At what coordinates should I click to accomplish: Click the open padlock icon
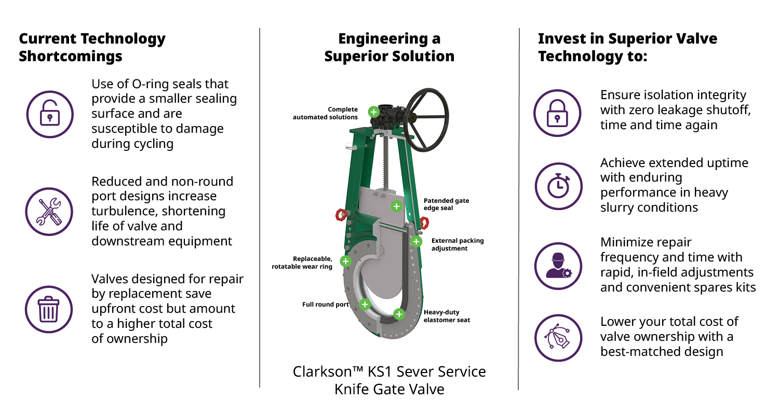49,114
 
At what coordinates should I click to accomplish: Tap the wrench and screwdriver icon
49,212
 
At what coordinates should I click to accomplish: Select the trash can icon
49,309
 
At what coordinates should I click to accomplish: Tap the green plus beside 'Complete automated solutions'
373,112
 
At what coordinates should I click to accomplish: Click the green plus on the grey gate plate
396,206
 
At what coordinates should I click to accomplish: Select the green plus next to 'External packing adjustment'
416,241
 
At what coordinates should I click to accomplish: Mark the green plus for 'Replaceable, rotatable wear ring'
345,261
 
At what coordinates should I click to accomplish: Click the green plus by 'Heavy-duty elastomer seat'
399,314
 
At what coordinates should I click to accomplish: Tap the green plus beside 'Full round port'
365,304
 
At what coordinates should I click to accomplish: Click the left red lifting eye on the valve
341,215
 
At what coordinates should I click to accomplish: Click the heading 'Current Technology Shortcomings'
92,47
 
